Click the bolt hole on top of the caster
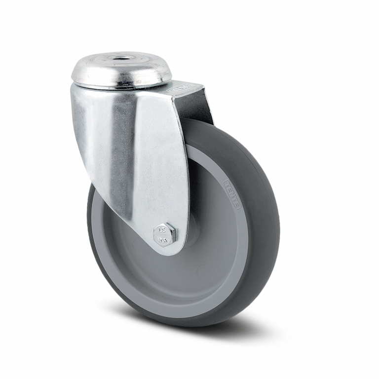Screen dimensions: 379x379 click(121, 59)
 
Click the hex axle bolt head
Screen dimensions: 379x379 click(164, 234)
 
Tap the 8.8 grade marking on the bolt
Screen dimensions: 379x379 click(161, 240)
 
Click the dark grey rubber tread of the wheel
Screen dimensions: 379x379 click(262, 247)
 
